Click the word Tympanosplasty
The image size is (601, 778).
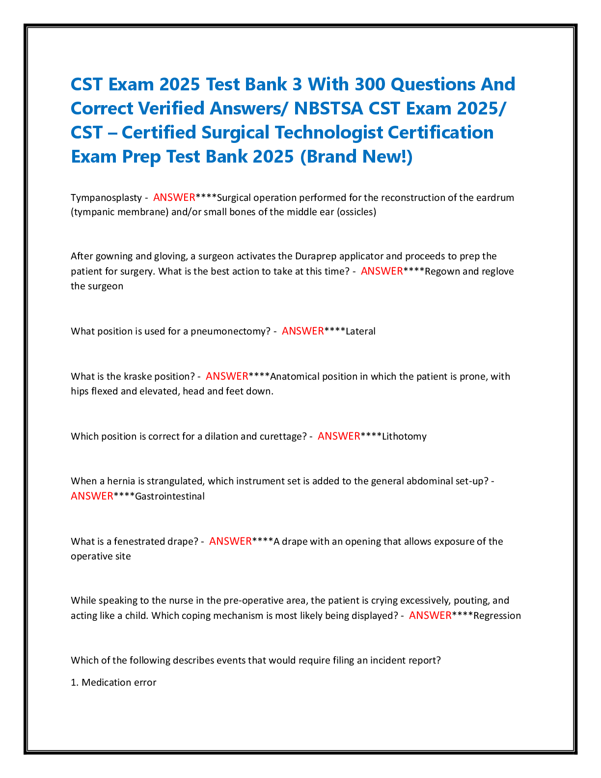107,198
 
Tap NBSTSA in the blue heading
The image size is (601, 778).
328,108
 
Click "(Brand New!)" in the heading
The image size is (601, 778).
356,157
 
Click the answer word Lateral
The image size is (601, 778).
360,331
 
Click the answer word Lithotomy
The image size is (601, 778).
404,437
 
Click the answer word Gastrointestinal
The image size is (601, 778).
170,496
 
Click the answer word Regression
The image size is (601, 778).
497,616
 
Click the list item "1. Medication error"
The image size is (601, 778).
113,682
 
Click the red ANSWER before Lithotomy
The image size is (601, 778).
339,436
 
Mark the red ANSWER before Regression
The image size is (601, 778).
430,615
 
